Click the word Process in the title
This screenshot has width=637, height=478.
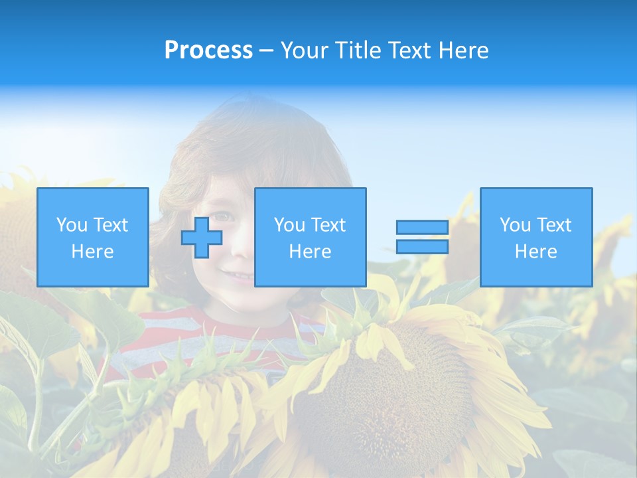click(x=208, y=50)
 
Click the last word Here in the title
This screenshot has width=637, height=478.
click(x=464, y=50)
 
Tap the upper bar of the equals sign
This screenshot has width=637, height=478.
click(x=422, y=227)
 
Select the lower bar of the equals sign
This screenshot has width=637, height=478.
click(x=422, y=247)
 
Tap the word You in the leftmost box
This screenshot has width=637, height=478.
click(x=71, y=225)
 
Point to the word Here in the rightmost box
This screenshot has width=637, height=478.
click(x=535, y=252)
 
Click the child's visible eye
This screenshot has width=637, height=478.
click(x=224, y=216)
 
